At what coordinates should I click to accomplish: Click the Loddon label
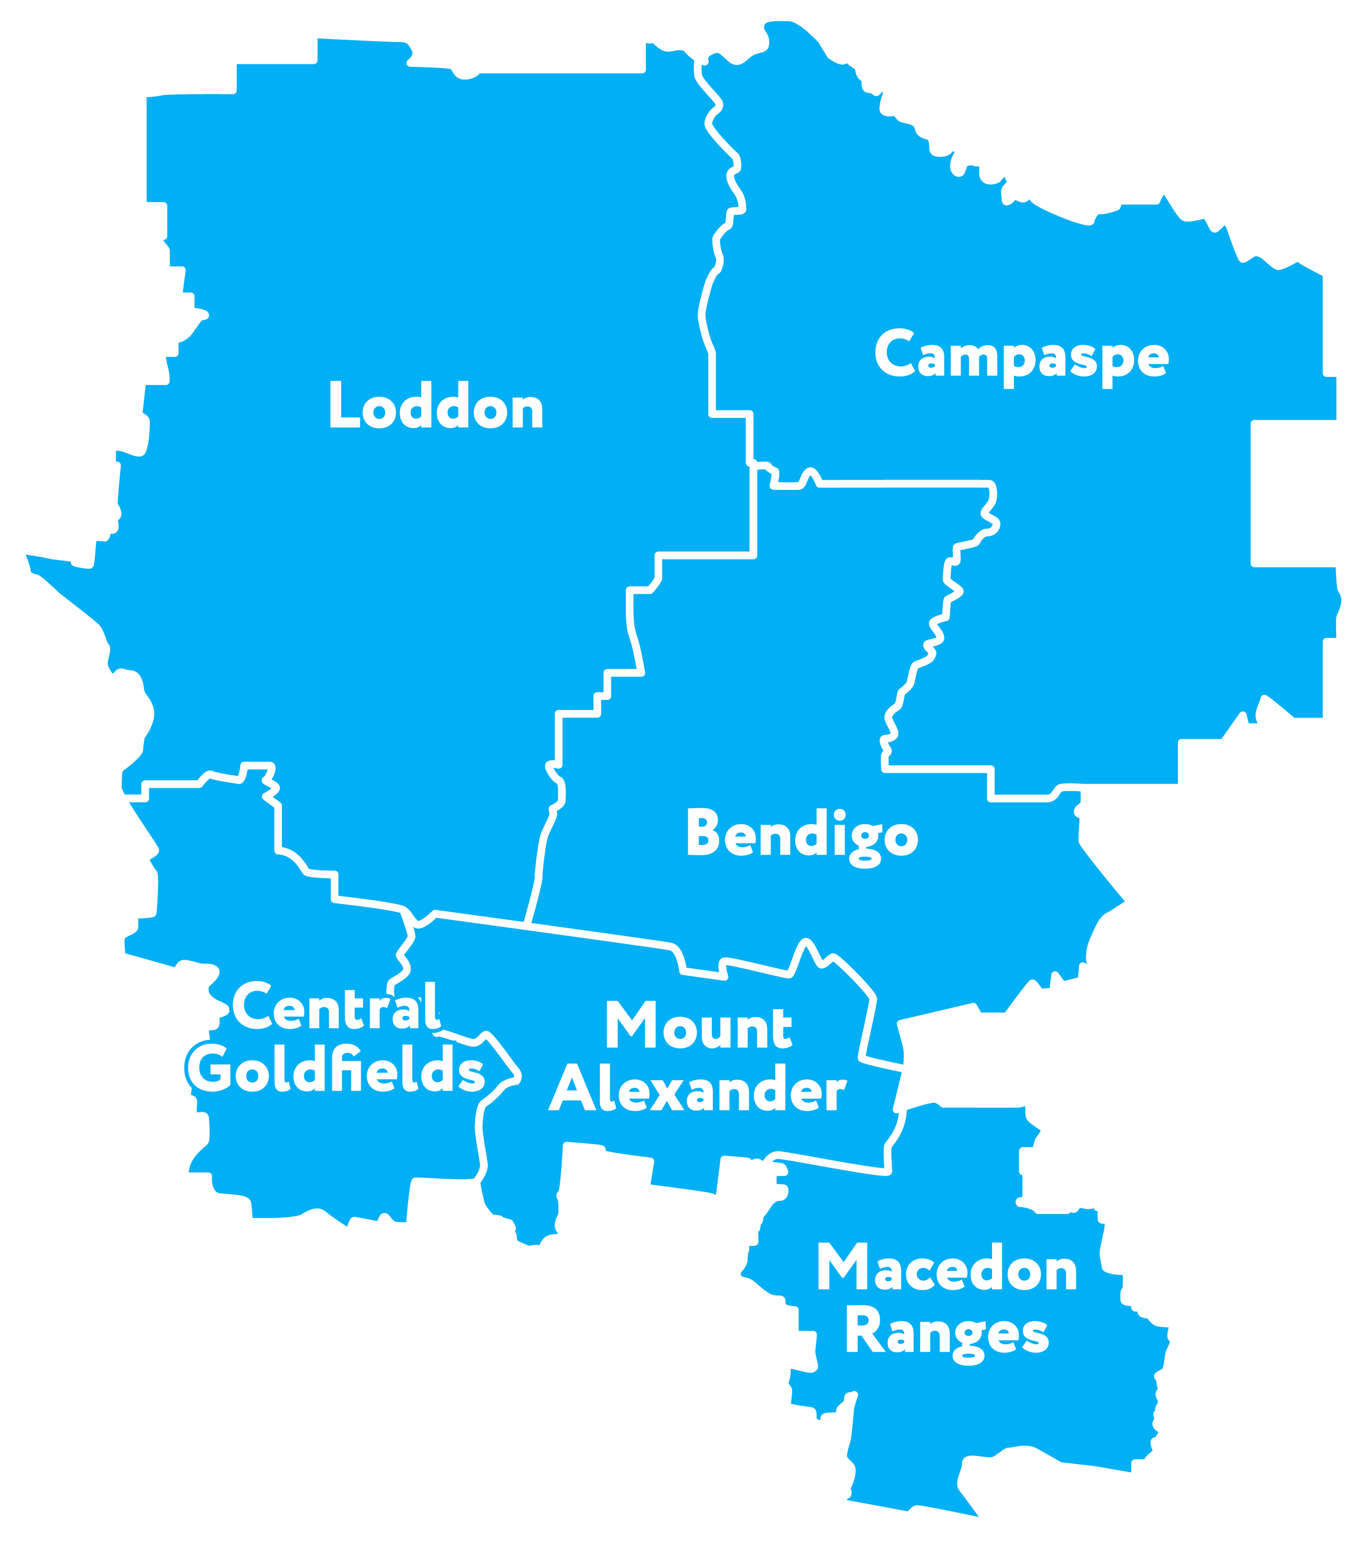click(435, 406)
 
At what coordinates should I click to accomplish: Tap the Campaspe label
click(1022, 355)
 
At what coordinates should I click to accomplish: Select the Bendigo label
click(802, 834)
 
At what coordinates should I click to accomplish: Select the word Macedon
click(947, 1268)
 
